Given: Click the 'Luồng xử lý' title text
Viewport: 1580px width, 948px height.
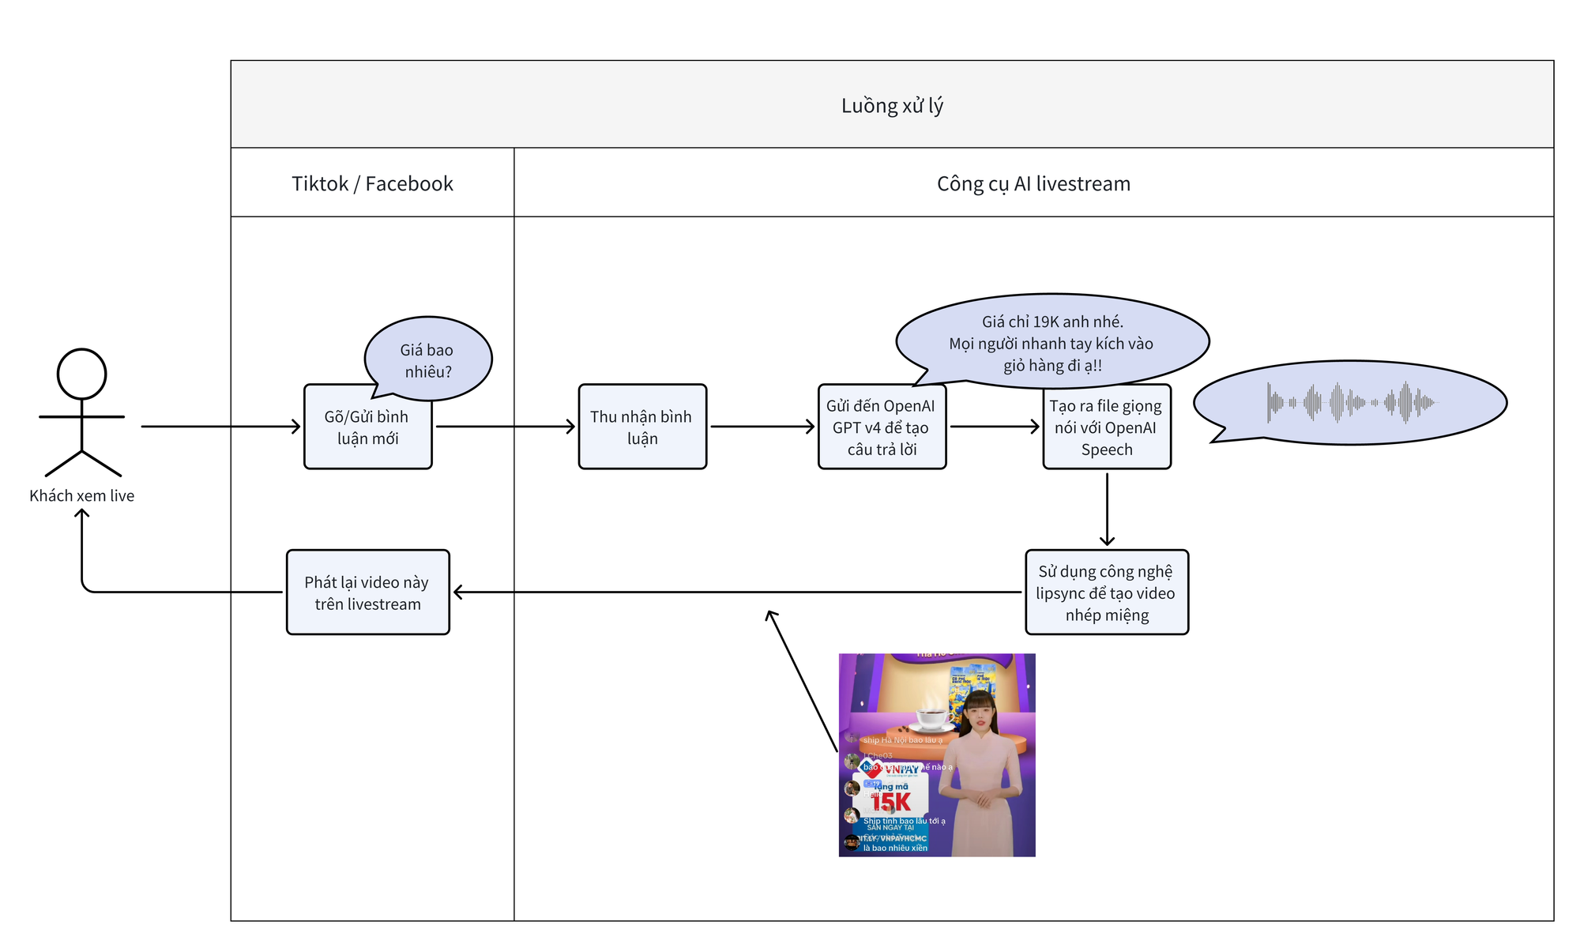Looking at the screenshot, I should coord(892,106).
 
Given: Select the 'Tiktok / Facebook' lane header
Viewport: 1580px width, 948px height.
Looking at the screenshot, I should coord(372,184).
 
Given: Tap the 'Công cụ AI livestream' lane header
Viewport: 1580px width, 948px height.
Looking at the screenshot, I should coord(1033,184).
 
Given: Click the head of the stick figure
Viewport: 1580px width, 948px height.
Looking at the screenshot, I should coord(81,374).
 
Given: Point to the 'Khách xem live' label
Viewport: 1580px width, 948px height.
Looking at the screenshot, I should coord(82,496).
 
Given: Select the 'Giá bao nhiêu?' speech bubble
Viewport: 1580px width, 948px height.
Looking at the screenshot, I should coord(427,360).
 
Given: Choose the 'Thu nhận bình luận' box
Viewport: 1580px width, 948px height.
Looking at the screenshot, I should coord(641,427).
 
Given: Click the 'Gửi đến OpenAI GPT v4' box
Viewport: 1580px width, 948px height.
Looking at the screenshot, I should coord(882,427).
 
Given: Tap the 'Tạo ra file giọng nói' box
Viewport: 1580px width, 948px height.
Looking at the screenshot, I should coord(1106,427).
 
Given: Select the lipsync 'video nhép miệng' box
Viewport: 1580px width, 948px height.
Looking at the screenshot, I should coord(1106,592).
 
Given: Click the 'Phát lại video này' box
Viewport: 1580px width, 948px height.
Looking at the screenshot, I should coord(367,592).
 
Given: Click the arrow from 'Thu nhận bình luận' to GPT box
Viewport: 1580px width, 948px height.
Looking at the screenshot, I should coord(762,427).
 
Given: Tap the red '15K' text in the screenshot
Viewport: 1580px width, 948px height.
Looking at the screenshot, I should coord(891,803).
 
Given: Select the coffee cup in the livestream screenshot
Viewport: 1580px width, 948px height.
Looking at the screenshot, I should coord(933,718).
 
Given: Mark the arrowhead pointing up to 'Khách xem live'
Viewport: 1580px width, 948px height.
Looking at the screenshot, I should coord(82,515).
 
